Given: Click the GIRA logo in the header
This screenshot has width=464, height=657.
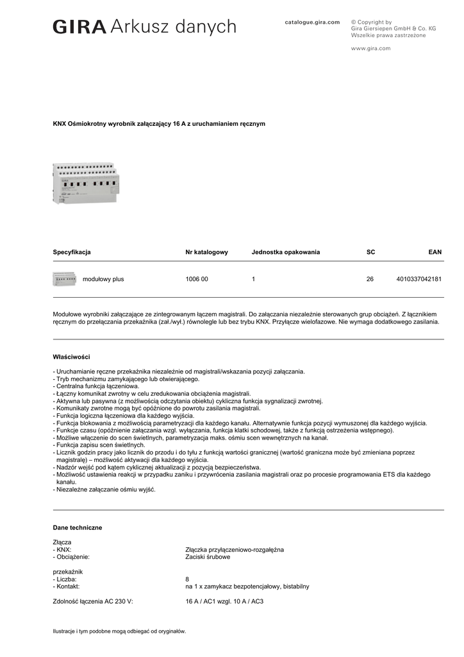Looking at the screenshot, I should tap(79, 27).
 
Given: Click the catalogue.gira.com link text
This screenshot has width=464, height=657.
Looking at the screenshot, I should tap(312, 22).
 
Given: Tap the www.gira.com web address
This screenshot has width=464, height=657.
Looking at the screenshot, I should tap(370, 48).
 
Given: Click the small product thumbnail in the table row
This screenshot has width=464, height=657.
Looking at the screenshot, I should tap(64, 279).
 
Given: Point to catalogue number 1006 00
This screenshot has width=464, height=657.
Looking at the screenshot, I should tap(197, 280).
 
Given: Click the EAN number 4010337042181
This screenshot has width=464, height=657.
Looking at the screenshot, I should tap(419, 280).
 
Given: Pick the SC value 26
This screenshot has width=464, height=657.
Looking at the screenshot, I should tap(370, 280).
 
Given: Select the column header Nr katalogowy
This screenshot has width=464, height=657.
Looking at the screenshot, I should tap(206, 252).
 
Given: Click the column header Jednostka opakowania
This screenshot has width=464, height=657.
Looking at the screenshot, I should tap(286, 252).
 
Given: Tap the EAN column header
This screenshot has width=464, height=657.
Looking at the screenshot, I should tap(435, 252).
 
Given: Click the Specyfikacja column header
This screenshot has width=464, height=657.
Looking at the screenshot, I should tap(72, 252).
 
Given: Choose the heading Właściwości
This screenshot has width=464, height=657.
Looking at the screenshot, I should tap(71, 357).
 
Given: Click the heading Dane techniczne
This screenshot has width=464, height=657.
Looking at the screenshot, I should tap(77, 527).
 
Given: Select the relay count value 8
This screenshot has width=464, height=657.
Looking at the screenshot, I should tap(187, 579).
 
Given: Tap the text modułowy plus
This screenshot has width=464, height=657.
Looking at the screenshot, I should tap(103, 280).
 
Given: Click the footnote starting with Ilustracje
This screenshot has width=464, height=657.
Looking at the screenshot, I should tap(119, 631).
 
